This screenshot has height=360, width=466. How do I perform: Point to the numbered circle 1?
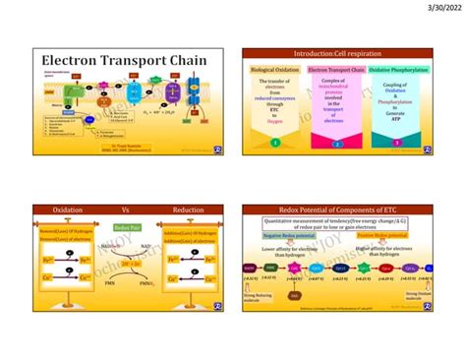276,143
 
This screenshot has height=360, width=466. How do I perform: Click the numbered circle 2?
337,143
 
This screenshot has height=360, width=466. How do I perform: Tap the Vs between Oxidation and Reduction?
125,210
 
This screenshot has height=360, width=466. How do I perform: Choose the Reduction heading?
187,210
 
